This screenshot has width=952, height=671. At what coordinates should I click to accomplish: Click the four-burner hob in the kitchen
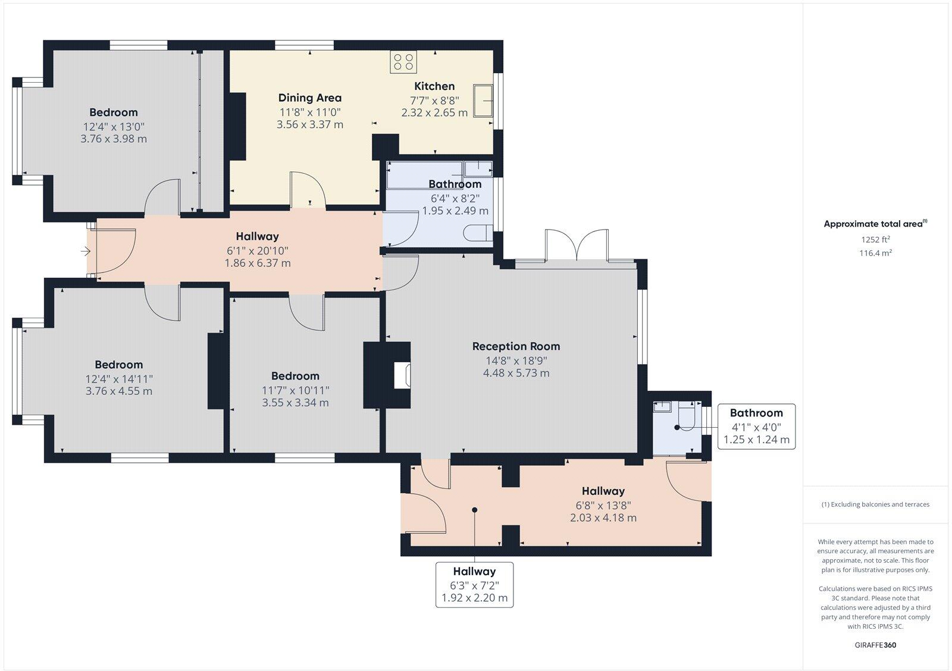[x=403, y=62]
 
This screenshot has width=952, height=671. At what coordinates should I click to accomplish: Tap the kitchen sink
[x=483, y=101]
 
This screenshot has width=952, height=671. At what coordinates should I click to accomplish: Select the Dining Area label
[x=310, y=98]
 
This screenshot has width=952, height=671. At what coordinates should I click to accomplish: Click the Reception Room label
[x=516, y=346]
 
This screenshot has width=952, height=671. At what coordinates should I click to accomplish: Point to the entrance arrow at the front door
[x=86, y=252]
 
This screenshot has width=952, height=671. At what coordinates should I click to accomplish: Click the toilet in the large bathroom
[x=478, y=233]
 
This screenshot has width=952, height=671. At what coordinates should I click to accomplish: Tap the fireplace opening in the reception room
[x=402, y=375]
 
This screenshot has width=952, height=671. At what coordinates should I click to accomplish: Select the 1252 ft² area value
[x=875, y=239]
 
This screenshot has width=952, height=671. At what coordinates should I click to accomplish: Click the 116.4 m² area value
[x=875, y=253]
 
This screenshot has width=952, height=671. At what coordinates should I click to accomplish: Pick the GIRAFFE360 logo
[x=875, y=645]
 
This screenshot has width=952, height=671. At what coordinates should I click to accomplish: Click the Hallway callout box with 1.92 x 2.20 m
[x=474, y=585]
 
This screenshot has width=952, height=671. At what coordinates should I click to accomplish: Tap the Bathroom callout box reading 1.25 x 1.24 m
[x=756, y=427]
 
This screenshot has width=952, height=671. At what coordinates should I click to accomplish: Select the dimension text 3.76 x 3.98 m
[x=114, y=139]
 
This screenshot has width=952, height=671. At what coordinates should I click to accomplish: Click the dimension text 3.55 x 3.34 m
[x=295, y=403]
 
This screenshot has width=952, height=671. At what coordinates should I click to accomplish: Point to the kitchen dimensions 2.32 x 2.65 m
[x=434, y=112]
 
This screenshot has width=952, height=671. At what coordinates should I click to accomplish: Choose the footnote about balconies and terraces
[x=875, y=504]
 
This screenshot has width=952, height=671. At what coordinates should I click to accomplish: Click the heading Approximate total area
[x=875, y=224]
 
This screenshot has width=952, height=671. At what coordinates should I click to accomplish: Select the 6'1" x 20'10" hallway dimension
[x=258, y=250]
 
